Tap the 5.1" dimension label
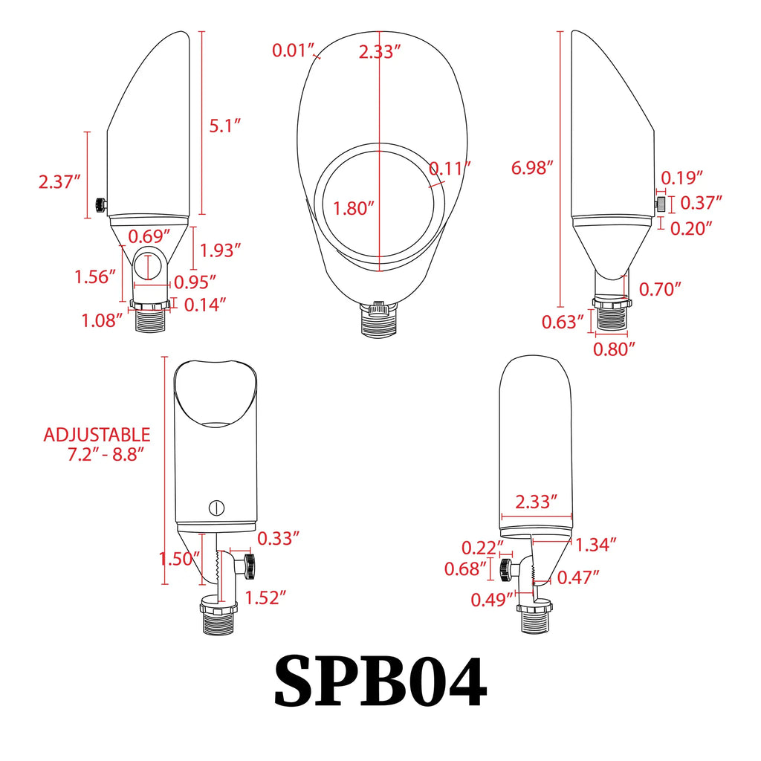point(224,126)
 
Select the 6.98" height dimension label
point(532,168)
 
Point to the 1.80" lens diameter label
point(353,208)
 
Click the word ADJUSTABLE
point(97,435)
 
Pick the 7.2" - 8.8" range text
point(106,455)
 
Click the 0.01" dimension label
point(293,51)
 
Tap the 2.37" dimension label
point(59,182)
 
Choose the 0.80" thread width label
point(614,349)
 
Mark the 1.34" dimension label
point(595,545)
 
